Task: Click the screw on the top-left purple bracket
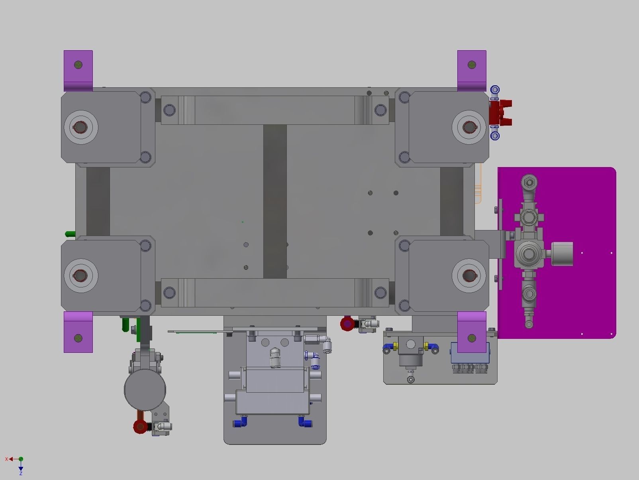[78, 64]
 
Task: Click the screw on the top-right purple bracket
[472, 64]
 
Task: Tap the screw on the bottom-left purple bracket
[78, 338]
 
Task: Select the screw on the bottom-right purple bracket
[472, 338]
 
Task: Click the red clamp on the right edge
[500, 112]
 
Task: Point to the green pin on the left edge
[70, 234]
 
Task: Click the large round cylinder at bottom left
[145, 390]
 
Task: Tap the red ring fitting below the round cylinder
[140, 426]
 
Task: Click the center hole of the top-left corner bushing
[80, 127]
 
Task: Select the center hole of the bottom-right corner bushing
[468, 275]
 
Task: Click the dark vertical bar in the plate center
[275, 201]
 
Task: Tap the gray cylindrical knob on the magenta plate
[562, 254]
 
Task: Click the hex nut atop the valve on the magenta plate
[529, 183]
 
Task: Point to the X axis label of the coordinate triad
[6, 459]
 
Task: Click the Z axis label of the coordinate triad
[21, 473]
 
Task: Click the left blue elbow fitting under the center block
[240, 421]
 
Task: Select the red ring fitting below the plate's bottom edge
[347, 324]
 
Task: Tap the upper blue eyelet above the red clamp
[495, 89]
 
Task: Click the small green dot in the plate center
[243, 222]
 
